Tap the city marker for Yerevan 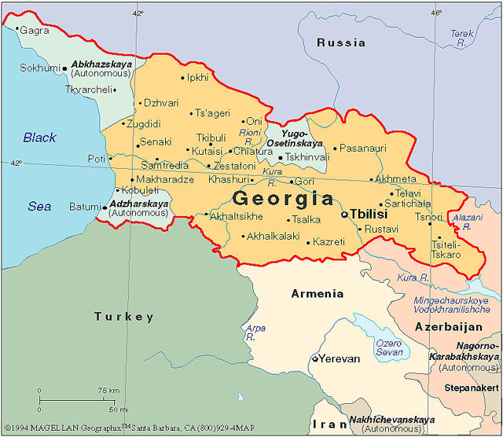[x=315, y=358]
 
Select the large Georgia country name [x=283, y=197]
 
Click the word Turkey [x=124, y=317]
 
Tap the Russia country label [x=340, y=42]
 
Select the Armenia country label [x=317, y=294]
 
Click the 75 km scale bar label [x=108, y=391]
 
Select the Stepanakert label [x=469, y=387]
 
